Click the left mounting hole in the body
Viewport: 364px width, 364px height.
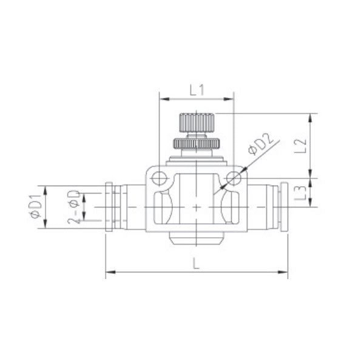coord(159,178)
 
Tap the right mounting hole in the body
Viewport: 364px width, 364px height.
coord(234,178)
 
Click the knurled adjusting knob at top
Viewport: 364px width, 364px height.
coord(196,125)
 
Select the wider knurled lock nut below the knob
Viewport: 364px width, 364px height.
coord(196,144)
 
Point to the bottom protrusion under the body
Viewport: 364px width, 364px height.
coord(196,238)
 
